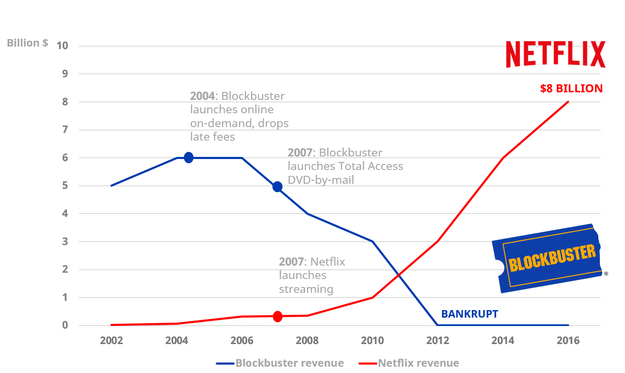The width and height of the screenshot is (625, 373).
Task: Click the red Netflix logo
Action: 555,54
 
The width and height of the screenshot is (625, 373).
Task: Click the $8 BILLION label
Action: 571,89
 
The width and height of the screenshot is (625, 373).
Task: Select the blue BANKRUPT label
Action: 470,314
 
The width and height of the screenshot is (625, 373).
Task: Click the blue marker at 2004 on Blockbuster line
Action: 189,158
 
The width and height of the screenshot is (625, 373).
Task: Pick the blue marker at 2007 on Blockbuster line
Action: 277,187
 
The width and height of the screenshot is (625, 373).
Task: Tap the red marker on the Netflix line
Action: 277,316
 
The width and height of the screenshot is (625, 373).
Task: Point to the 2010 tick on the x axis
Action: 372,340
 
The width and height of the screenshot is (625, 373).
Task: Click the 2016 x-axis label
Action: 568,340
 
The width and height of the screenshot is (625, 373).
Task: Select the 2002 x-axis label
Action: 111,340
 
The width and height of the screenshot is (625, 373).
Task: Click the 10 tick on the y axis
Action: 62,46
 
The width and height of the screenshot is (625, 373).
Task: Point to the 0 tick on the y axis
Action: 65,325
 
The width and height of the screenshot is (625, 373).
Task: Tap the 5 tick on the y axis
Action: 65,185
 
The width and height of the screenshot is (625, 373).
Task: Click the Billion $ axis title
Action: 28,43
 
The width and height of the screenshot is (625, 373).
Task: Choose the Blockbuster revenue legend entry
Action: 280,363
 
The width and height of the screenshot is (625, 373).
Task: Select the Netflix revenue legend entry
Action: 409,363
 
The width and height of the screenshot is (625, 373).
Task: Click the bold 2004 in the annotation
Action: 202,96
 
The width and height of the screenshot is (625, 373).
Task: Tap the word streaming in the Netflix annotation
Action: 306,289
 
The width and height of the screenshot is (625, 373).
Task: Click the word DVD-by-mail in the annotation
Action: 321,180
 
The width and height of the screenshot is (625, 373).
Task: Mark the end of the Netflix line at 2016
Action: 568,102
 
